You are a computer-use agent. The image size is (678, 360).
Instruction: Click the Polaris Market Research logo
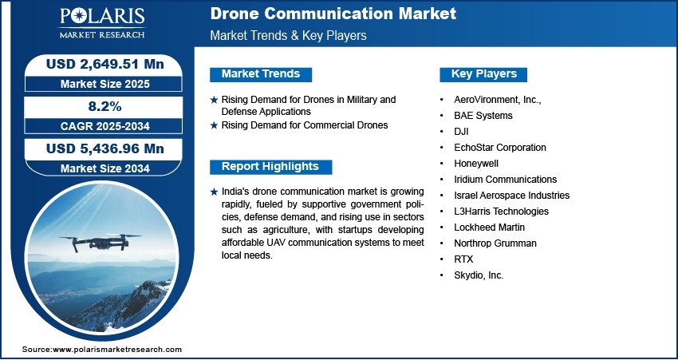pyautogui.click(x=102, y=22)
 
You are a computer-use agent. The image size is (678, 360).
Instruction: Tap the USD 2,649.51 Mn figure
pyautogui.click(x=105, y=64)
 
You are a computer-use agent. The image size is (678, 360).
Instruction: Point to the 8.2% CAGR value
pyautogui.click(x=105, y=106)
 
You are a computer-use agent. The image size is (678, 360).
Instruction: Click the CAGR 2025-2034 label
pyautogui.click(x=105, y=126)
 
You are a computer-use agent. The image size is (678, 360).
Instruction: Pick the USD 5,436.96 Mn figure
pyautogui.click(x=105, y=148)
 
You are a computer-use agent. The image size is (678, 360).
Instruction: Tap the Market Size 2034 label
pyautogui.click(x=105, y=168)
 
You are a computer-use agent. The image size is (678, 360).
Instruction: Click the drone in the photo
pyautogui.click(x=101, y=242)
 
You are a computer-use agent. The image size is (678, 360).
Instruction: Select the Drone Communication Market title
pyautogui.click(x=333, y=14)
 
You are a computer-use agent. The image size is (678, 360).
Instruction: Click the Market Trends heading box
pyautogui.click(x=261, y=74)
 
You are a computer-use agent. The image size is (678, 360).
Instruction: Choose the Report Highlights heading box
pyautogui.click(x=270, y=167)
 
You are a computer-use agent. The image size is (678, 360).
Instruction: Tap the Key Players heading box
pyautogui.click(x=483, y=74)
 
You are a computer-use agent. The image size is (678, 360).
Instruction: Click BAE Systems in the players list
pyautogui.click(x=483, y=116)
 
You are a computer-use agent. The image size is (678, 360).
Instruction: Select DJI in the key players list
pyautogui.click(x=461, y=132)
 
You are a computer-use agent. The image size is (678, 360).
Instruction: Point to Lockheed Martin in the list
pyautogui.click(x=490, y=227)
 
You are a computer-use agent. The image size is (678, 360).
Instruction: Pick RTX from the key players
pyautogui.click(x=463, y=259)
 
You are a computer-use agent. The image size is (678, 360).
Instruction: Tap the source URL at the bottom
pyautogui.click(x=102, y=349)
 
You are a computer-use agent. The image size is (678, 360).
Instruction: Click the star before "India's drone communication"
pyautogui.click(x=214, y=192)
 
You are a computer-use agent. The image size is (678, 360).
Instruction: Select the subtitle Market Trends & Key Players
pyautogui.click(x=289, y=35)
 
